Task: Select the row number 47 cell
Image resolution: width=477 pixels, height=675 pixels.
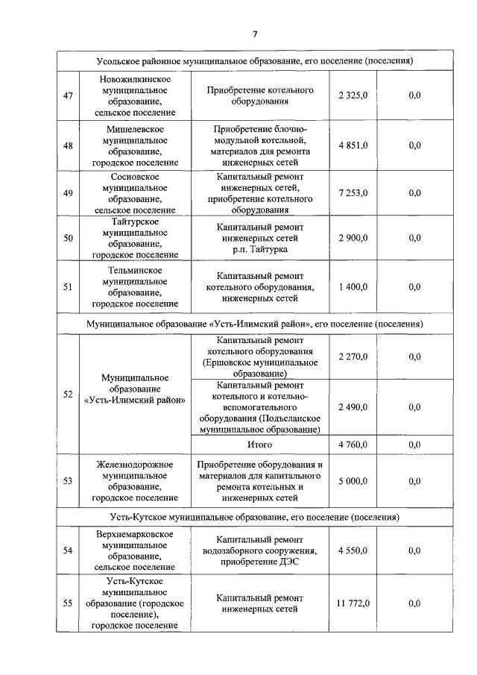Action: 68,95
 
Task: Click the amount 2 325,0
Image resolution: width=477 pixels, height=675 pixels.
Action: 353,95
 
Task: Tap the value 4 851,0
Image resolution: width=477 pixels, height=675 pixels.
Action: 353,145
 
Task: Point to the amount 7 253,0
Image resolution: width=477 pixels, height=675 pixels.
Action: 353,192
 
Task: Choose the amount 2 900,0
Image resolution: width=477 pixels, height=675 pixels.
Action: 353,238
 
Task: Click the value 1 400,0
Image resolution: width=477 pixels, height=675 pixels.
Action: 353,286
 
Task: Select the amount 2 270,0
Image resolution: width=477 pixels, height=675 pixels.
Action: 353,357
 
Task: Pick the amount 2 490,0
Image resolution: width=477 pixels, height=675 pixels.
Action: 353,407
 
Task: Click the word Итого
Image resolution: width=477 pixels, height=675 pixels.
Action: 259,445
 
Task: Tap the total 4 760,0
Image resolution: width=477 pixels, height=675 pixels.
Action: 353,445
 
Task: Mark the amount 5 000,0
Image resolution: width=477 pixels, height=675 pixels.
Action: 353,481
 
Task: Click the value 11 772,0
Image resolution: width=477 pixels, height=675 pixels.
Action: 353,603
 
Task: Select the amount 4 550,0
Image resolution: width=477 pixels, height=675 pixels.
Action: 353,550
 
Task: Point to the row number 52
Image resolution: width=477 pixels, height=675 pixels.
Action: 68,394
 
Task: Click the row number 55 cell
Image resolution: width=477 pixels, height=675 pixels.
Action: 68,603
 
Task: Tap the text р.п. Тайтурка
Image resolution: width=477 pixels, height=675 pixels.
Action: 259,249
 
